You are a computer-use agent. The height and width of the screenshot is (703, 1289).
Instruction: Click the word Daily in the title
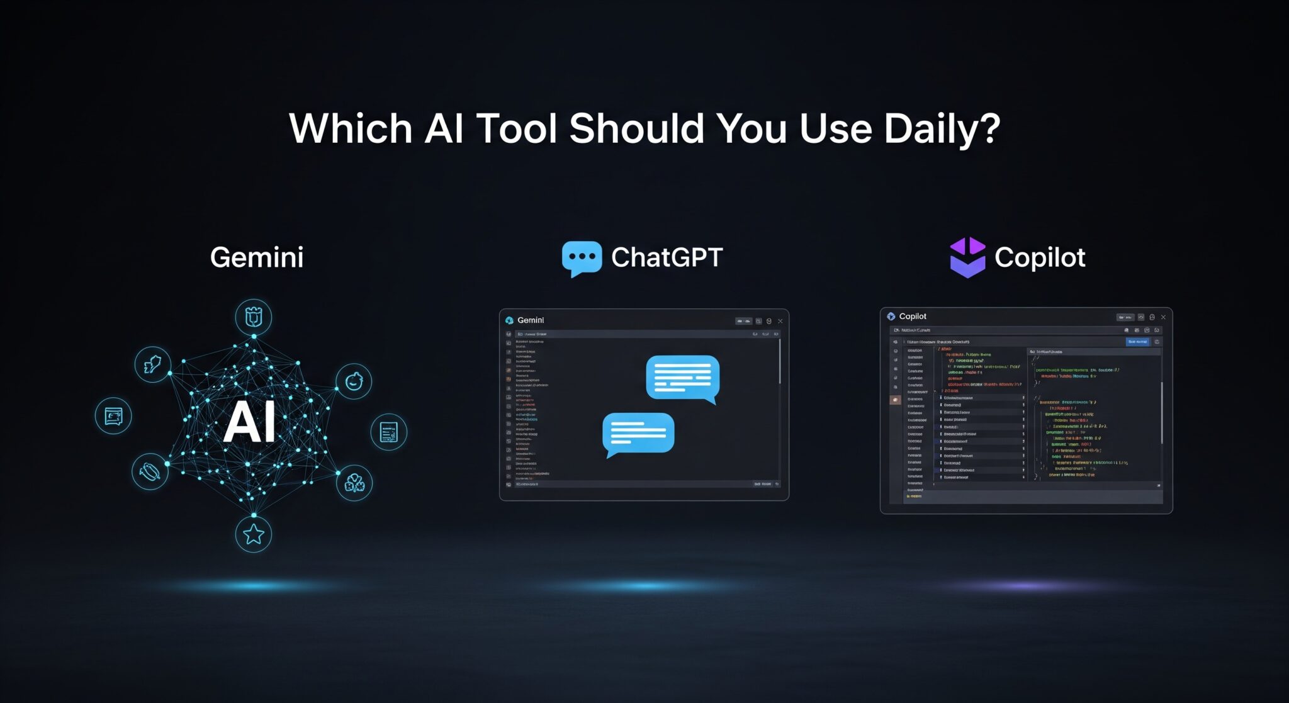click(x=942, y=129)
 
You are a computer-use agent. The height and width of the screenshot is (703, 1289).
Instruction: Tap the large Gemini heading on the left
click(x=257, y=257)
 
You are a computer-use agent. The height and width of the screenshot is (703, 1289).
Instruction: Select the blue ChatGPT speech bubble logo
click(x=581, y=258)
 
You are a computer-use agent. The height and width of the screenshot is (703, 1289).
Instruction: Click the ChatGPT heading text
click(x=667, y=257)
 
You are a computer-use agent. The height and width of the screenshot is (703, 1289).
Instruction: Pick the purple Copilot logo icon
click(x=967, y=257)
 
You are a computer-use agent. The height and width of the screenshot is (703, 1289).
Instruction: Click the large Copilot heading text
click(x=1040, y=257)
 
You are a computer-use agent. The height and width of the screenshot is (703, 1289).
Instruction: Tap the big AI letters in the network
click(x=250, y=422)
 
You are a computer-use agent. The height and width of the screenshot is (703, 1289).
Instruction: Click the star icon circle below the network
click(x=254, y=534)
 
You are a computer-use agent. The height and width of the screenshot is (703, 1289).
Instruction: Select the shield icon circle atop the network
click(x=254, y=317)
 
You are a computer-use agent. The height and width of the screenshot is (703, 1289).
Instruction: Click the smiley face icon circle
click(x=354, y=381)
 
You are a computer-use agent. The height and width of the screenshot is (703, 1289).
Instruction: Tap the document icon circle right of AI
click(x=388, y=432)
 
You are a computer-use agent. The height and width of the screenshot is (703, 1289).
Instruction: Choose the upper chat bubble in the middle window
click(x=682, y=378)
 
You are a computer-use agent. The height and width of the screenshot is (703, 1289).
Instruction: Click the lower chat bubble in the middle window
click(x=638, y=433)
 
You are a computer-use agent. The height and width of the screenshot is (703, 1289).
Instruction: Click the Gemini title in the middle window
click(x=530, y=320)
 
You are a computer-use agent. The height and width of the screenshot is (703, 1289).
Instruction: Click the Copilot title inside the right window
click(x=912, y=317)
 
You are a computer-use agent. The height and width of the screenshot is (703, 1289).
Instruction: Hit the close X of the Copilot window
click(x=1163, y=317)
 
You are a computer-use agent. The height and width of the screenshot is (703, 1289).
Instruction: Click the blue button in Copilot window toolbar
click(x=1137, y=342)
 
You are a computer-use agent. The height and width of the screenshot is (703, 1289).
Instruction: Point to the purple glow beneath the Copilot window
click(x=1026, y=586)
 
